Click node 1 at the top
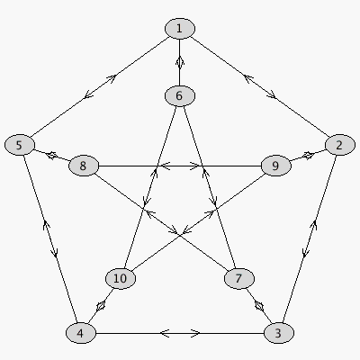180,29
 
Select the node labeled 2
339,145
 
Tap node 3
279,333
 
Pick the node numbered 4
81,333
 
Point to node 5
20,145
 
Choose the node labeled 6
180,95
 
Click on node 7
239,278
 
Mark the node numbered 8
84,166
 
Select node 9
275,166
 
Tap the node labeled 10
121,278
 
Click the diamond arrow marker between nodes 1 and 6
180,62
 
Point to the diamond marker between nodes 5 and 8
51,155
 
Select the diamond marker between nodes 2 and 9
308,156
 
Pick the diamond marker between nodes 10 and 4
101,306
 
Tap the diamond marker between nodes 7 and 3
259,306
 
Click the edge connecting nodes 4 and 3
180,333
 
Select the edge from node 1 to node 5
100,86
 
